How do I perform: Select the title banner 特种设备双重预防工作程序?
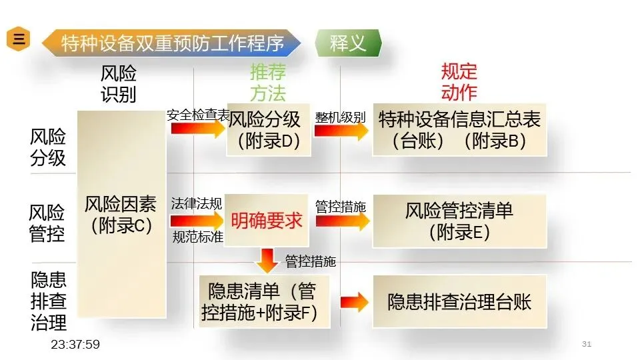[x=172, y=43]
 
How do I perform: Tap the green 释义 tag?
[x=348, y=43]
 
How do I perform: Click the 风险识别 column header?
[x=118, y=84]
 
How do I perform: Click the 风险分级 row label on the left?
[x=48, y=147]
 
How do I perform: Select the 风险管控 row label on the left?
[x=48, y=223]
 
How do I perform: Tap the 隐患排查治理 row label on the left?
[x=49, y=301]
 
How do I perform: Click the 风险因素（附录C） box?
[x=121, y=213]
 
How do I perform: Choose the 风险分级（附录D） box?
[x=269, y=130]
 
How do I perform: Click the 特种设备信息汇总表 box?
[x=459, y=130]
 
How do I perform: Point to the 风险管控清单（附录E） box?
[x=459, y=221]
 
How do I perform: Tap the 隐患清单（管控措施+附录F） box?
[x=264, y=302]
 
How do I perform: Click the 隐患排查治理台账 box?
[x=459, y=301]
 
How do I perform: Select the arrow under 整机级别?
[x=341, y=130]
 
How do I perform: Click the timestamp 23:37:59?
[x=75, y=345]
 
